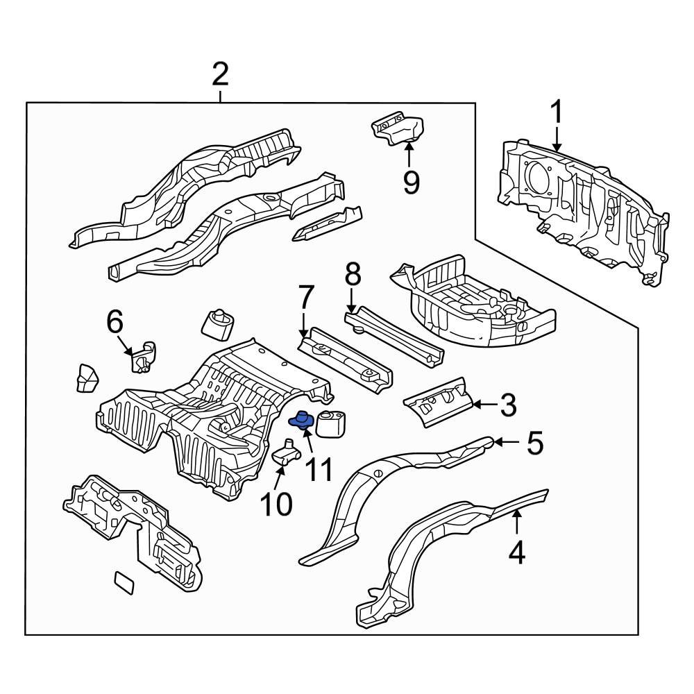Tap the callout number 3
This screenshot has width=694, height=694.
click(508, 405)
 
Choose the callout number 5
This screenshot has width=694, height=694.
click(534, 443)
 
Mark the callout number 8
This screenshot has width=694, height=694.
click(353, 276)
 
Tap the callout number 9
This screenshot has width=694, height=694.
click(411, 183)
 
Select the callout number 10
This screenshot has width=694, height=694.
click(277, 505)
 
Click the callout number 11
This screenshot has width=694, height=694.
click(319, 470)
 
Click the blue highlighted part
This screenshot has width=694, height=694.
click(303, 421)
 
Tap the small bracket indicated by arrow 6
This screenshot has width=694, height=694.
click(144, 357)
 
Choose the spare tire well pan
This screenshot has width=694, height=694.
click(479, 305)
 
